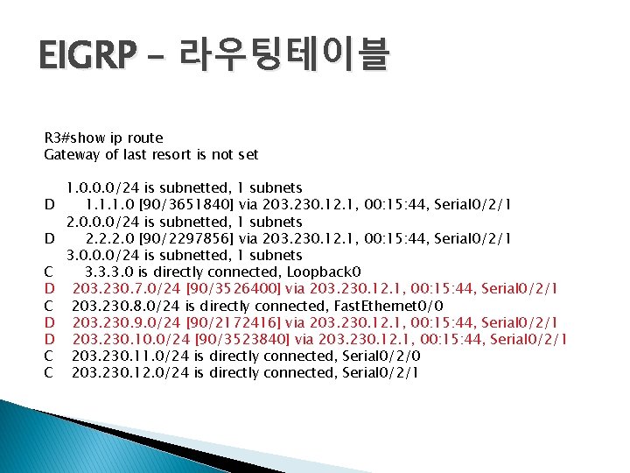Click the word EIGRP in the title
87,56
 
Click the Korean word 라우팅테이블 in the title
283,56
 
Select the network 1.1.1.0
110,205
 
